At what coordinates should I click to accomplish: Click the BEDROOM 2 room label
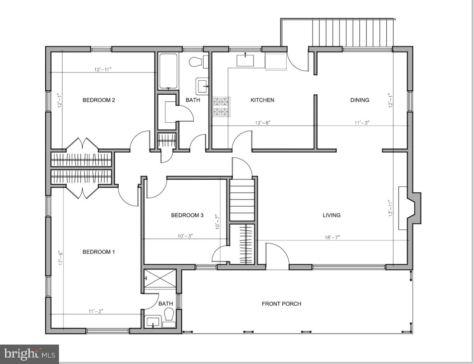tap(99, 100)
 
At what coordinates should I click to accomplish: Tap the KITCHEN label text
tap(262, 100)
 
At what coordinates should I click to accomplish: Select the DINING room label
tap(360, 100)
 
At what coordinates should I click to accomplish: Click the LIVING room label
tap(331, 215)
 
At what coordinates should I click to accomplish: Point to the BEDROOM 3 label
tap(187, 215)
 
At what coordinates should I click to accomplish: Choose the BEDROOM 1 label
tap(99, 252)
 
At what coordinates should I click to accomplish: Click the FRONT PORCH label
tap(281, 304)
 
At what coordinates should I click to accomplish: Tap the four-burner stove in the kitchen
tap(221, 107)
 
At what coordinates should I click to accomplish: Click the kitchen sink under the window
tap(245, 60)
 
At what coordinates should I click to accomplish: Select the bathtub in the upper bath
tap(168, 71)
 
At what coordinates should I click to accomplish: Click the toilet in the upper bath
tap(196, 62)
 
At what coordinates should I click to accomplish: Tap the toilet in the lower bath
tap(168, 316)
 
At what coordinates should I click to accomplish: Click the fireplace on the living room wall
tap(410, 208)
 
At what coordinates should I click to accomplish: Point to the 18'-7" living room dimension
tap(332, 237)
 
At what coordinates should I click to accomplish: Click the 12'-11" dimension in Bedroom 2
tap(103, 69)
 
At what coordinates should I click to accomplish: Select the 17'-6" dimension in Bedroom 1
tap(61, 258)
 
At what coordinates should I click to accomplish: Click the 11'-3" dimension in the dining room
tap(362, 123)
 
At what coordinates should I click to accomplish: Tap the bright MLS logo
tap(29, 354)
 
